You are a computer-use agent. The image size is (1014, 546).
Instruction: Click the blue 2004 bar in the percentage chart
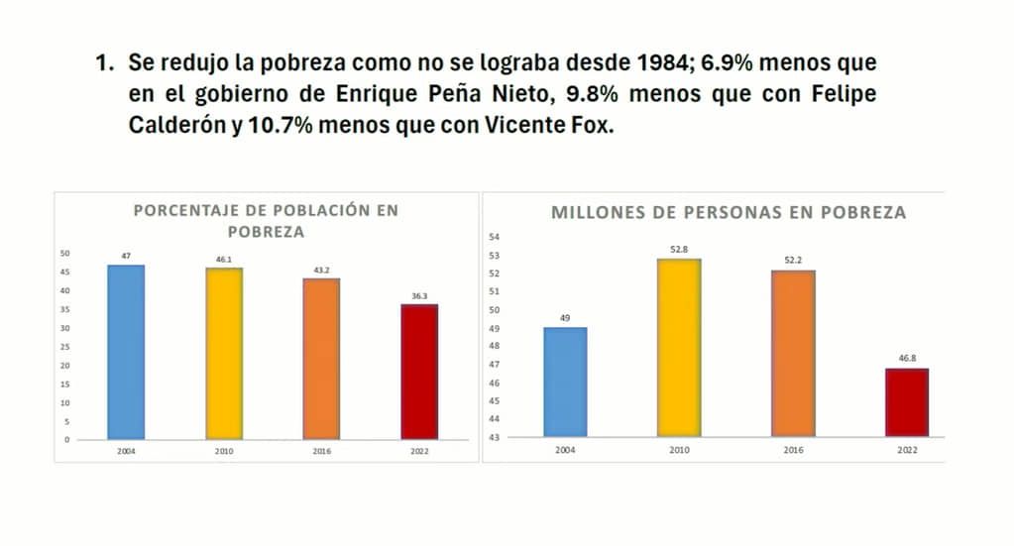pyautogui.click(x=126, y=352)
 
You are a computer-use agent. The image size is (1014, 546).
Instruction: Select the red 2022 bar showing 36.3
pyautogui.click(x=419, y=372)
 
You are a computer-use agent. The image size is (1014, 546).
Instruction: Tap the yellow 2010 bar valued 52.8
pyautogui.click(x=679, y=348)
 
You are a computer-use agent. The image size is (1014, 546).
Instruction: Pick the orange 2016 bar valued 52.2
pyautogui.click(x=794, y=354)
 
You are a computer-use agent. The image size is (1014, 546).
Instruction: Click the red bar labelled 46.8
pyautogui.click(x=907, y=402)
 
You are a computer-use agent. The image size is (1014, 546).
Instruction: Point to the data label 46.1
pyautogui.click(x=224, y=259)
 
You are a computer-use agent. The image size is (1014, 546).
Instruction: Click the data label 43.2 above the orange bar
pyautogui.click(x=321, y=271)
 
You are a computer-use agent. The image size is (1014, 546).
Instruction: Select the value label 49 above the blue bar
pyautogui.click(x=565, y=319)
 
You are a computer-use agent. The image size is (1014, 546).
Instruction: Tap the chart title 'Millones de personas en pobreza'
pyautogui.click(x=729, y=212)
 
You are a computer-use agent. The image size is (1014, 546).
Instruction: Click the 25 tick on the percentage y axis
pyautogui.click(x=65, y=347)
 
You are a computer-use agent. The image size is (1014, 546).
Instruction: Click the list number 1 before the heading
pyautogui.click(x=101, y=63)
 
